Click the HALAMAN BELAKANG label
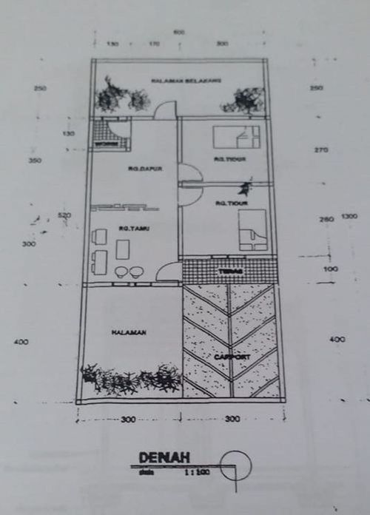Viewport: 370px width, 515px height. click(177, 81)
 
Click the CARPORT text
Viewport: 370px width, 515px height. click(233, 357)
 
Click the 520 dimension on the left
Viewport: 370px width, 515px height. click(64, 215)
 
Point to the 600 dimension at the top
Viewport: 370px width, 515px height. click(178, 32)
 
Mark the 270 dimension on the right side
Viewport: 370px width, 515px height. click(320, 150)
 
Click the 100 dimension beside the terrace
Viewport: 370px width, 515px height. click(331, 269)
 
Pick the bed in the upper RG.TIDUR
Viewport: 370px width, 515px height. click(236, 137)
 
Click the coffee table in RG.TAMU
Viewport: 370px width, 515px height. click(122, 249)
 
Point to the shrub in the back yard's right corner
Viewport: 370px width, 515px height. click(247, 100)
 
